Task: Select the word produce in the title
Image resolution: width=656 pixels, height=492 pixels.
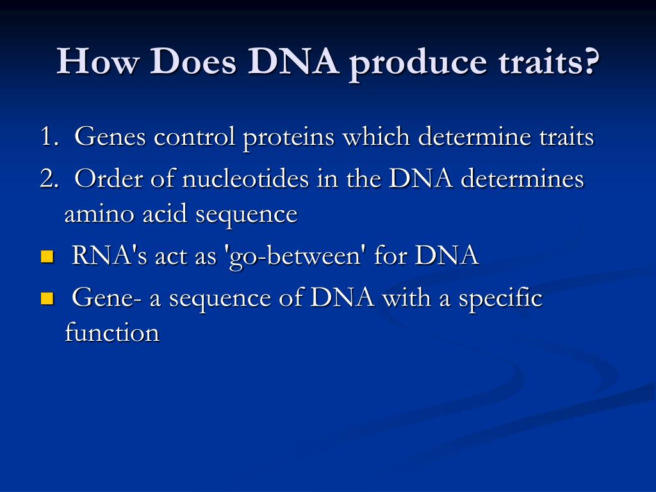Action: [418, 65]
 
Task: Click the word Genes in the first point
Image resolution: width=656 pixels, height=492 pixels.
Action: [110, 136]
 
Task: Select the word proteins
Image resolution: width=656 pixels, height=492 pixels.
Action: [289, 138]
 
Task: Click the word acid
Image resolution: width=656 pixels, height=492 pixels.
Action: [164, 213]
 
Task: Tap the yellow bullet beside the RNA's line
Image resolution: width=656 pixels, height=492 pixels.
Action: [47, 256]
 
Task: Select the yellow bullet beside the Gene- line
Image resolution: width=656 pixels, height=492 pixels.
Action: [47, 299]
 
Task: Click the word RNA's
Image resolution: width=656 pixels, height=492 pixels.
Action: [109, 255]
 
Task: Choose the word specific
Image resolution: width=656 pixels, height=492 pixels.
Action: [500, 299]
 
